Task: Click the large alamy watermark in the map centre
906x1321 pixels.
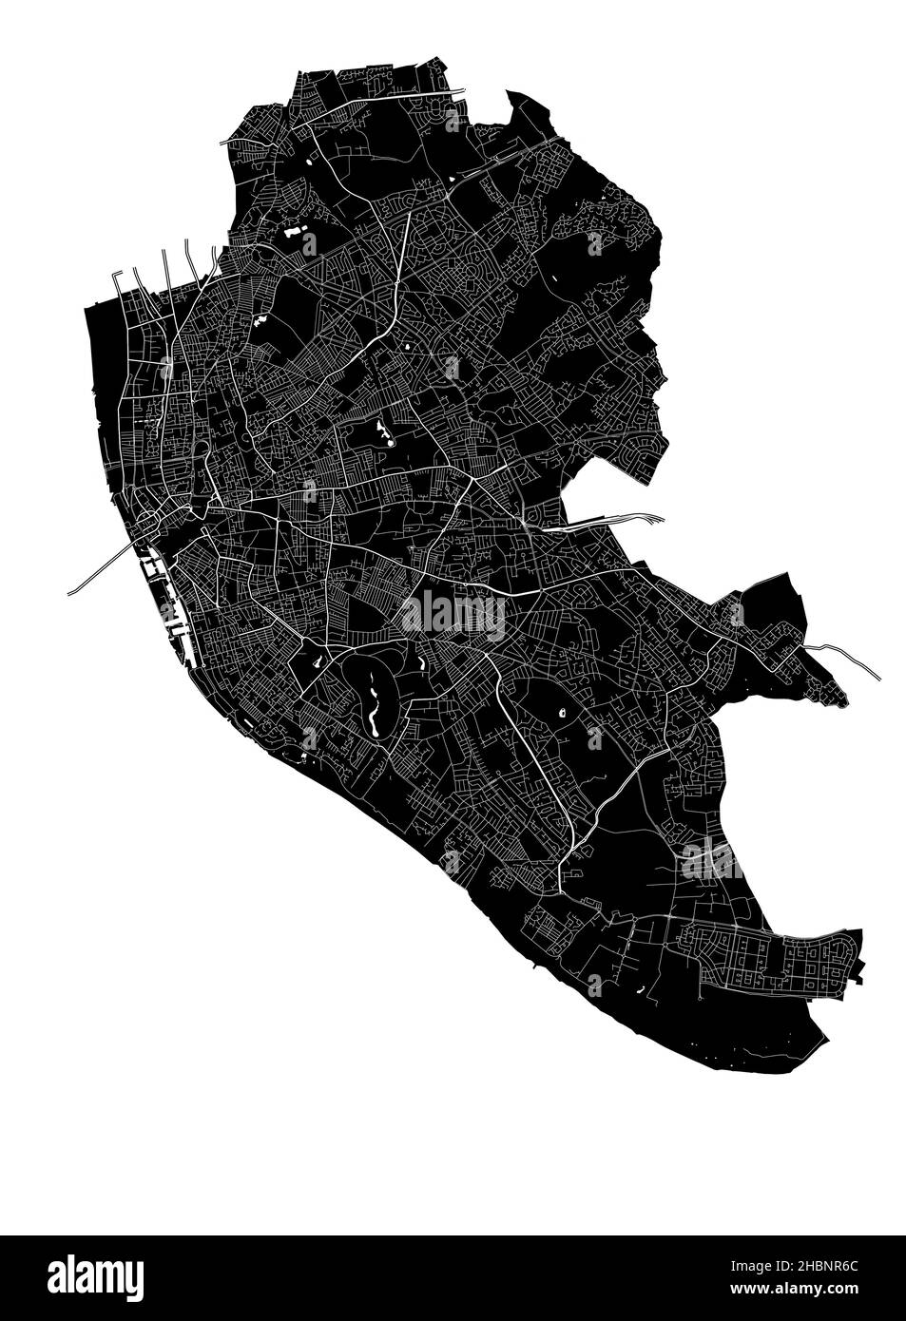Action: click(453, 615)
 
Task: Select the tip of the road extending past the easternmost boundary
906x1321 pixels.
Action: click(878, 677)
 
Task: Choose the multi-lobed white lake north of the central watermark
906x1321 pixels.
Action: click(385, 433)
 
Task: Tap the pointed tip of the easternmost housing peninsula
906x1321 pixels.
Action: click(843, 703)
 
